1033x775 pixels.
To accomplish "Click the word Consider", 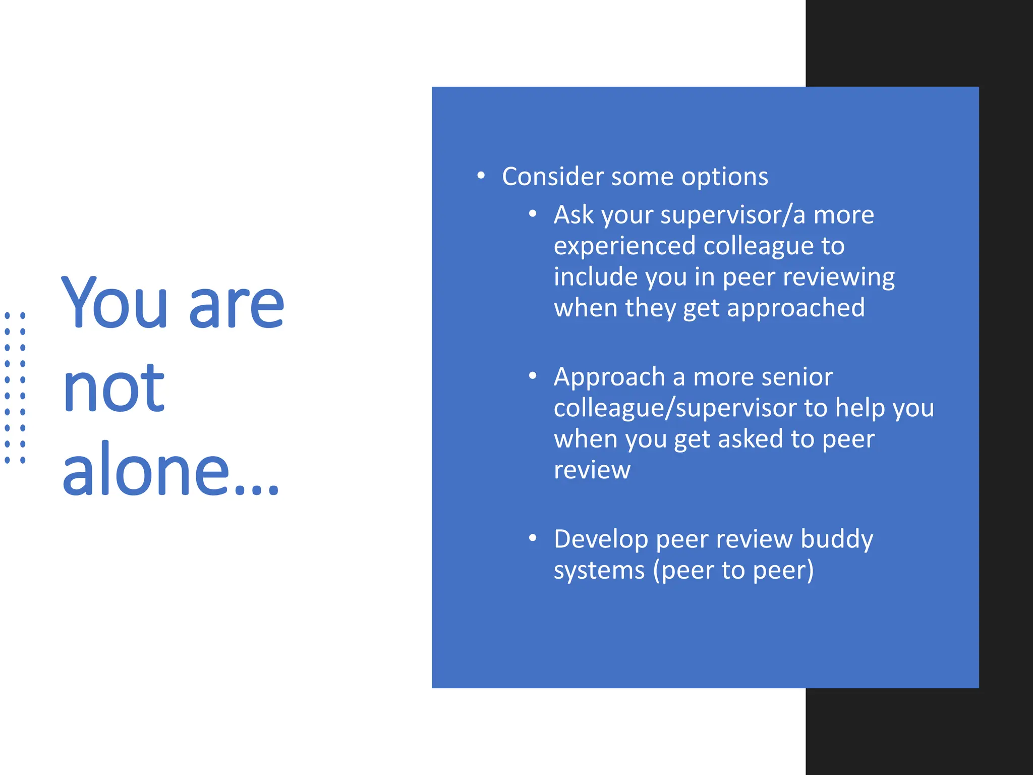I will pos(553,177).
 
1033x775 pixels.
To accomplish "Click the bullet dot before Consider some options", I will pos(481,176).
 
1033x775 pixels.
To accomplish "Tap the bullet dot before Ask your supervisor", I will pos(533,214).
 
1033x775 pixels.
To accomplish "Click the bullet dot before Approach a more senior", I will pos(533,376).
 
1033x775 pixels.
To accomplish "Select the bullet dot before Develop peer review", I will pos(533,538).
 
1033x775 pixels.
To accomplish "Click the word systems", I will pos(599,571).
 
